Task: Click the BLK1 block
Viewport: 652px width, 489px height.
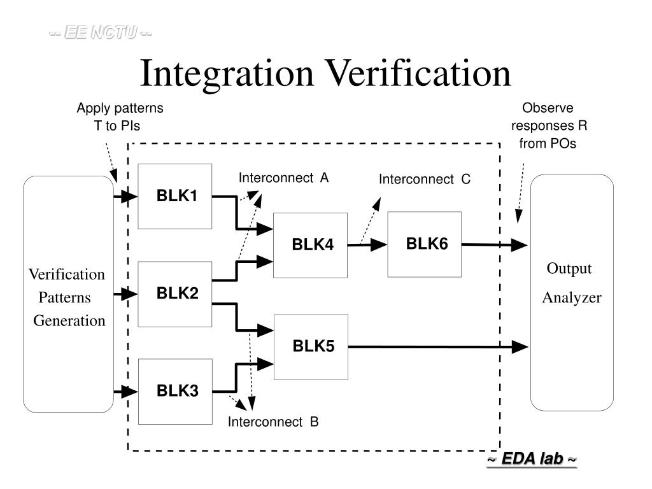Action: pyautogui.click(x=175, y=196)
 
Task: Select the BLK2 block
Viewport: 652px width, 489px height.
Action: pyautogui.click(x=175, y=294)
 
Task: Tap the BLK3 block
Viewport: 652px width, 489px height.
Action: pyautogui.click(x=175, y=391)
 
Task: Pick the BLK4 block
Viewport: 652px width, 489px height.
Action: pyautogui.click(x=311, y=245)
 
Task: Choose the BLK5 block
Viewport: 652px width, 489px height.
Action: pyautogui.click(x=311, y=346)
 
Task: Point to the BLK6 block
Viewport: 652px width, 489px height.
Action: pyautogui.click(x=425, y=244)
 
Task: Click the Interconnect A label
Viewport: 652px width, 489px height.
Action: pyautogui.click(x=284, y=178)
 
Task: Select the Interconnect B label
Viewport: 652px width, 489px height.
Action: pyautogui.click(x=274, y=422)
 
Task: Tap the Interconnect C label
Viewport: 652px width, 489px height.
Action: pyautogui.click(x=425, y=179)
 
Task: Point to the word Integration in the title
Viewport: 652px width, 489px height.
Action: pyautogui.click(x=227, y=74)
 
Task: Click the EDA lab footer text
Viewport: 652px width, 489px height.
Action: pyautogui.click(x=532, y=459)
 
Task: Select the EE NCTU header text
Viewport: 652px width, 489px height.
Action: pyautogui.click(x=101, y=32)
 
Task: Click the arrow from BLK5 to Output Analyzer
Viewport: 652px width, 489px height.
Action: pyautogui.click(x=439, y=347)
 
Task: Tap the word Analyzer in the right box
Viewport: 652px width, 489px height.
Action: pyautogui.click(x=572, y=297)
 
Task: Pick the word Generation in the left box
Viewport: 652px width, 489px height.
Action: pyautogui.click(x=69, y=320)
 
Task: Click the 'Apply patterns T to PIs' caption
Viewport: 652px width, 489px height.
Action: pyautogui.click(x=120, y=117)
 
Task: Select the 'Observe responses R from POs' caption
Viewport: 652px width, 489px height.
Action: pyautogui.click(x=548, y=125)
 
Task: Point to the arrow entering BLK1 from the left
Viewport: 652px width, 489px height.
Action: pyautogui.click(x=126, y=197)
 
